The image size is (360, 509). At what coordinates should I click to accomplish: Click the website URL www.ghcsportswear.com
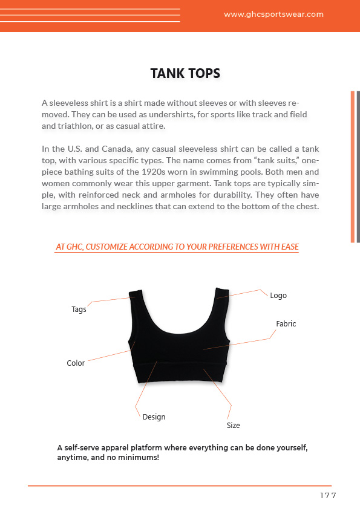[x=273, y=15]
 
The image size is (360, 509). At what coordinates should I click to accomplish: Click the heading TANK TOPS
[x=185, y=74]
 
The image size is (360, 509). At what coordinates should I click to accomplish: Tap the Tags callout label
[x=79, y=309]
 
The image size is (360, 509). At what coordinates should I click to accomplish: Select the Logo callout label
[x=278, y=296]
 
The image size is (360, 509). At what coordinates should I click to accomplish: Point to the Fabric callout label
[x=286, y=324]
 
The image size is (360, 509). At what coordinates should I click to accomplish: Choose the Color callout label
[x=76, y=363]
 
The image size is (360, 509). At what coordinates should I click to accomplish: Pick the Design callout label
[x=154, y=417]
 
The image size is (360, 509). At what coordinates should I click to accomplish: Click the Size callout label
[x=233, y=426]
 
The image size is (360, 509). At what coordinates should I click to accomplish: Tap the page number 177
[x=327, y=496]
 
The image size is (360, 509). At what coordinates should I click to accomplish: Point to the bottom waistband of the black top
[x=180, y=375]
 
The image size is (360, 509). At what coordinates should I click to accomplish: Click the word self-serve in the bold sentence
[x=83, y=448]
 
